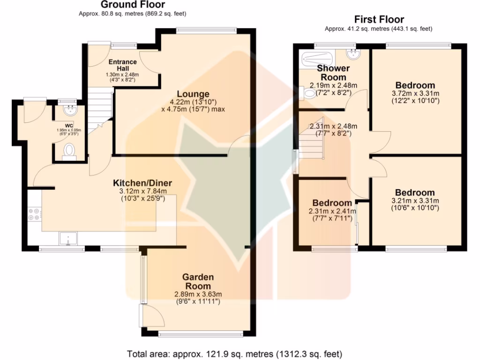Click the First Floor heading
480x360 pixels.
(379, 20)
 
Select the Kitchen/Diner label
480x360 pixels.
(142, 183)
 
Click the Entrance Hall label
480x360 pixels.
(122, 65)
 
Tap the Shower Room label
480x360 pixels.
(333, 73)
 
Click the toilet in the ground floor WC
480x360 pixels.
(69, 150)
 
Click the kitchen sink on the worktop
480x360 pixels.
(68, 239)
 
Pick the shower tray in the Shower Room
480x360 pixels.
(316, 59)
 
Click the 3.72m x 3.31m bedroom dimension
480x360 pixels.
(415, 93)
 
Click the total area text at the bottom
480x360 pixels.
(234, 353)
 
